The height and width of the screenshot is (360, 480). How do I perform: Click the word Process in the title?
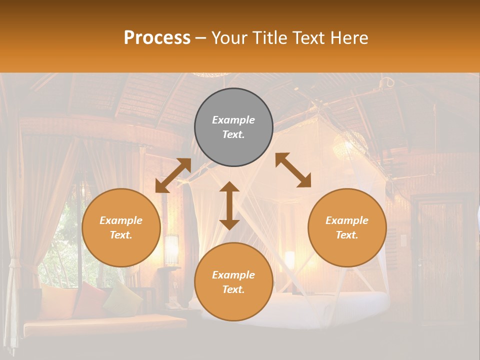[157, 38]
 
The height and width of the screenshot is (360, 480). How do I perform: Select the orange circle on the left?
[121, 227]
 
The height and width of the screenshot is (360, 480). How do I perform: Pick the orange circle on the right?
[347, 227]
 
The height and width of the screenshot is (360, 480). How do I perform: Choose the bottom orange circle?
[233, 282]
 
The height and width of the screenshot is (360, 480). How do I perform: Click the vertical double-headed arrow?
[229, 205]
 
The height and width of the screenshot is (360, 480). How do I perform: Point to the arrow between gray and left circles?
[173, 175]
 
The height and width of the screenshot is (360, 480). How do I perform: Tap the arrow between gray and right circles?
[293, 170]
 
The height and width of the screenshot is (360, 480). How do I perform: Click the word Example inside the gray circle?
[233, 120]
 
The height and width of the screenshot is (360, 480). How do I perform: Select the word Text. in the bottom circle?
[233, 289]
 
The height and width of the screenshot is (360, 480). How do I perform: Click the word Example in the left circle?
[121, 220]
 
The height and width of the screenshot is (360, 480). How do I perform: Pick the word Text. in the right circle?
[347, 235]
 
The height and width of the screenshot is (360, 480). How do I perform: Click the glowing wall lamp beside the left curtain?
[171, 248]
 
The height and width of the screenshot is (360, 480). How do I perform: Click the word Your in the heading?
[229, 38]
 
